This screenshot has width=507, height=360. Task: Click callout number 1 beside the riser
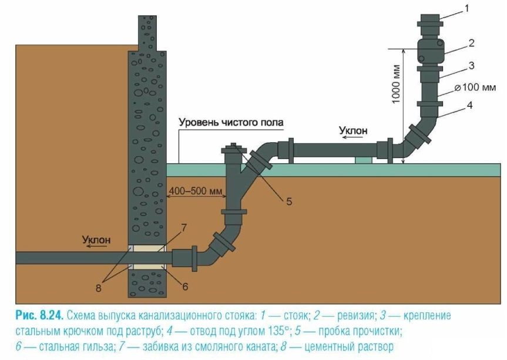pyautogui.click(x=466, y=8)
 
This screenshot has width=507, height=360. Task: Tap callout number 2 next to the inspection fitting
pyautogui.click(x=471, y=43)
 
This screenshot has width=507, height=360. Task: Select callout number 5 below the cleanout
pyautogui.click(x=289, y=201)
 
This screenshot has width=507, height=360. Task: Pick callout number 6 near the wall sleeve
pyautogui.click(x=185, y=287)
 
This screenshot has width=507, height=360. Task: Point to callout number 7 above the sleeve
pyautogui.click(x=184, y=228)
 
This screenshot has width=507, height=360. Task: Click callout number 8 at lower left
pyautogui.click(x=98, y=288)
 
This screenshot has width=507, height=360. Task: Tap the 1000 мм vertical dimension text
pyautogui.click(x=397, y=85)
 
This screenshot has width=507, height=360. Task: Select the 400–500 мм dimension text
pyautogui.click(x=196, y=191)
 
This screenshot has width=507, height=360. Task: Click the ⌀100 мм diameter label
pyautogui.click(x=475, y=88)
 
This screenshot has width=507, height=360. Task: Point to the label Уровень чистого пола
pyautogui.click(x=231, y=123)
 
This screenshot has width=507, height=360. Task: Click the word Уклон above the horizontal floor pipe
pyautogui.click(x=353, y=130)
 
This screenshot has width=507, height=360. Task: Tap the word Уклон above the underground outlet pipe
pyautogui.click(x=96, y=240)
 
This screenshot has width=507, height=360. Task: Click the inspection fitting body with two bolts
pyautogui.click(x=429, y=51)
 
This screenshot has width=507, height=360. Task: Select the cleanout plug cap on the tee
pyautogui.click(x=234, y=148)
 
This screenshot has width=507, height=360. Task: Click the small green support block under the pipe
pyautogui.click(x=364, y=160)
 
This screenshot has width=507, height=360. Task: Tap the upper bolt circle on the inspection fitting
pyautogui.click(x=440, y=43)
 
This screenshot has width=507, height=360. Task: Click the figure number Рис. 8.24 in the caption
pyautogui.click(x=39, y=315)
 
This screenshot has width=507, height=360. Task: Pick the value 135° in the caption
pyautogui.click(x=278, y=331)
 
